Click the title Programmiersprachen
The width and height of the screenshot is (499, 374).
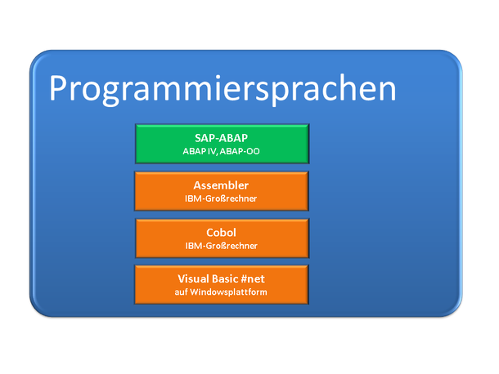pyautogui.click(x=223, y=89)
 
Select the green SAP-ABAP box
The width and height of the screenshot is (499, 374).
pyautogui.click(x=223, y=144)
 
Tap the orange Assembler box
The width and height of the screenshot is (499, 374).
pyautogui.click(x=222, y=191)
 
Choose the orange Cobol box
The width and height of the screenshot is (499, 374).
pyautogui.click(x=223, y=238)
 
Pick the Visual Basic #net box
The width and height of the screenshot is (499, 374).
pyautogui.click(x=222, y=285)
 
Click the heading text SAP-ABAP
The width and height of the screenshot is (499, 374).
pyautogui.click(x=221, y=138)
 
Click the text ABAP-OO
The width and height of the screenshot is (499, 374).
pyautogui.click(x=240, y=151)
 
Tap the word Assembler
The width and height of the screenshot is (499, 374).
pyautogui.click(x=221, y=185)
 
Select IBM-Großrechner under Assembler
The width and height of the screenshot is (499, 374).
pyautogui.click(x=221, y=198)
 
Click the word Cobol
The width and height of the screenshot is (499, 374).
pyautogui.click(x=221, y=233)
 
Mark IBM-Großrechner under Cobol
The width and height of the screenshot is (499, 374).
pyautogui.click(x=221, y=246)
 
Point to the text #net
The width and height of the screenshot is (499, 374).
pyautogui.click(x=253, y=279)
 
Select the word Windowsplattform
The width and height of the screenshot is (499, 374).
pyautogui.click(x=228, y=292)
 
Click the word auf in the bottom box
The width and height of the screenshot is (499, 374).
pyautogui.click(x=181, y=292)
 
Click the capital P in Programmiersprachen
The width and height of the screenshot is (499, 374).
pyautogui.click(x=59, y=88)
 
